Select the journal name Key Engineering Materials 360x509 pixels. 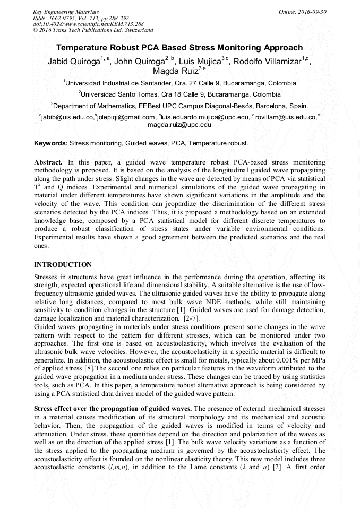tap(66, 11)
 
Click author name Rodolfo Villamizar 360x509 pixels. tap(268, 61)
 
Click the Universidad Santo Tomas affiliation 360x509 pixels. tap(179, 94)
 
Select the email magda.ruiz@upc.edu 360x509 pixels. tap(179, 125)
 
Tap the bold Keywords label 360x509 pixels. tap(51, 143)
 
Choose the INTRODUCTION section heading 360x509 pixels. tap(63, 265)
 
